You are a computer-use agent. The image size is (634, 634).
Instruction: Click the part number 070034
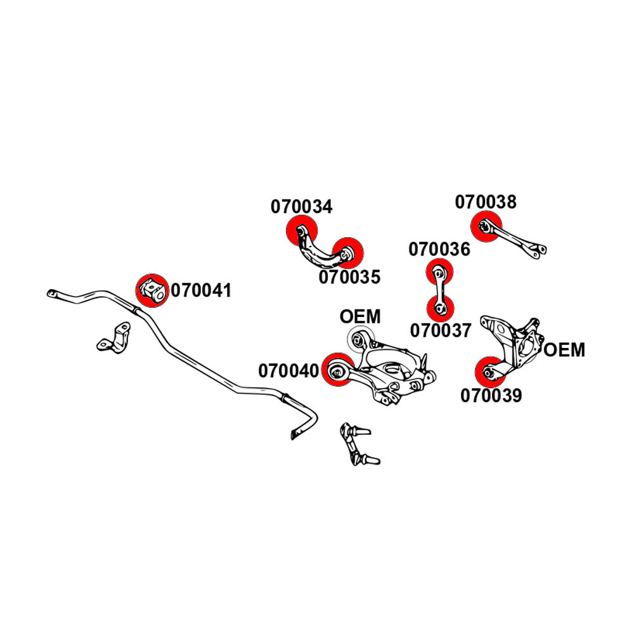pyautogui.click(x=302, y=207)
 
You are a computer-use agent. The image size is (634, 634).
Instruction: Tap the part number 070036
pyautogui.click(x=439, y=249)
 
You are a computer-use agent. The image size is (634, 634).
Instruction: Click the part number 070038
pyautogui.click(x=486, y=202)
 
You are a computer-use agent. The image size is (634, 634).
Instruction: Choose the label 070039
pyautogui.click(x=491, y=396)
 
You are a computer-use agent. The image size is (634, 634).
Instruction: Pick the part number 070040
pyautogui.click(x=288, y=370)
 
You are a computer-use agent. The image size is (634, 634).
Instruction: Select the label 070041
pyautogui.click(x=201, y=291)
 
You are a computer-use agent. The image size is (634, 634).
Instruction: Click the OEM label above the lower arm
pyautogui.click(x=360, y=316)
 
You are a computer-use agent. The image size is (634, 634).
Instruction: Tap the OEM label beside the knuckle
pyautogui.click(x=564, y=349)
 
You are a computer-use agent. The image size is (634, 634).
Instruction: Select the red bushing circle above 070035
pyautogui.click(x=349, y=253)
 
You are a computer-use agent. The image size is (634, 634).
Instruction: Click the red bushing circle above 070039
pyautogui.click(x=491, y=372)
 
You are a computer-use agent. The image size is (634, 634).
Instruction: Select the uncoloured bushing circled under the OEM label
pyautogui.click(x=359, y=339)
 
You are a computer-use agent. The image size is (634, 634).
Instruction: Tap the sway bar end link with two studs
pyautogui.click(x=357, y=444)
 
